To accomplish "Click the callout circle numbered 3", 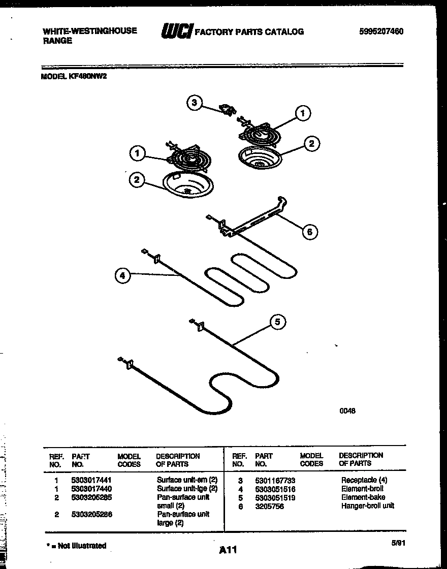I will tap(194, 103).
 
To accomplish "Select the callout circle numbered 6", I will tap(309, 232).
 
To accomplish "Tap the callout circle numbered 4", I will tap(121, 276).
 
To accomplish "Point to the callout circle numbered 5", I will tap(277, 322).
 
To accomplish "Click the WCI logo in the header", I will tap(176, 31).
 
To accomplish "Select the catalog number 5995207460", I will tap(381, 31).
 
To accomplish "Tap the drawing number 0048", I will tap(347, 411).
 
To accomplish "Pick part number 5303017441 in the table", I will tap(91, 480).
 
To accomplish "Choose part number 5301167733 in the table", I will tap(275, 480).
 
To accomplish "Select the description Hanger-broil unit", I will tap(367, 506).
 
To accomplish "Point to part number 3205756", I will tap(269, 507).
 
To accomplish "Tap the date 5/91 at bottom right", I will tap(398, 543).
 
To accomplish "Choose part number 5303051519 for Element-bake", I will tap(275, 498).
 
